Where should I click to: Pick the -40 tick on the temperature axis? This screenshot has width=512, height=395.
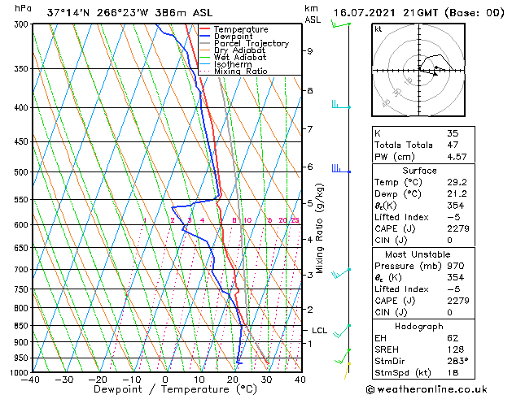tap(31, 380)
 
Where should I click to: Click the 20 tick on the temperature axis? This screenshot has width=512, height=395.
tap(233, 380)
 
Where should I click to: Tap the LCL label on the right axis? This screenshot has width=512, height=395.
tap(319, 331)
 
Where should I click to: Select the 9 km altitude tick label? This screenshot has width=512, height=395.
tap(310, 51)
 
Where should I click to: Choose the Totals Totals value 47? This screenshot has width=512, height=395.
tap(452, 145)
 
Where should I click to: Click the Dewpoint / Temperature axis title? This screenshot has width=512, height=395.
tap(165, 390)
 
